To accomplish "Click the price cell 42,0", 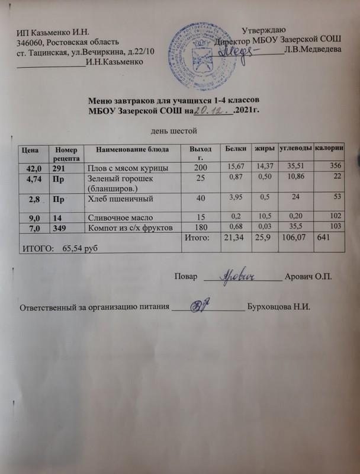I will (34, 169).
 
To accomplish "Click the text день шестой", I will (171, 130).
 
